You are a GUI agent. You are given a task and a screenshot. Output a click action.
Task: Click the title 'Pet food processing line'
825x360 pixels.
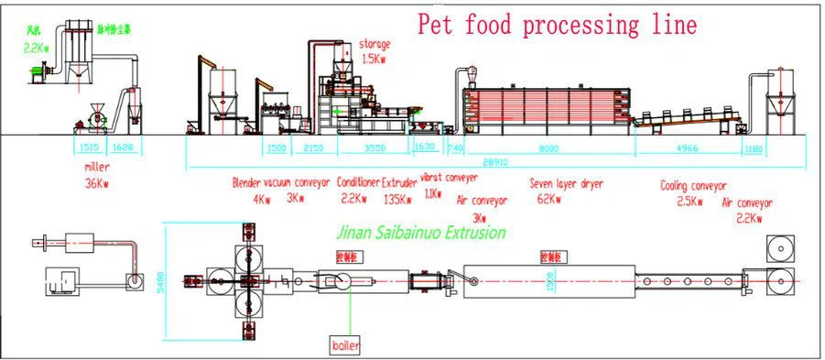point(557,25)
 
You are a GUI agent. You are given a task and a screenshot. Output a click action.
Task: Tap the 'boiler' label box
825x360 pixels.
point(347,345)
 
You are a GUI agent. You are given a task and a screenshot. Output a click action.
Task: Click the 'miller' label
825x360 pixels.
point(96,167)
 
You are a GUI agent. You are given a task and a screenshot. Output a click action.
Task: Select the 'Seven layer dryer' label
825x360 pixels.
point(566,183)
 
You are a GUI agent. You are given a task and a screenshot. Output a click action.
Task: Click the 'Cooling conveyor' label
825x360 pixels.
point(693,185)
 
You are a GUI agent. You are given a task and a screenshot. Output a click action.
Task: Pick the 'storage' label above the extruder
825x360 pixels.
point(374,43)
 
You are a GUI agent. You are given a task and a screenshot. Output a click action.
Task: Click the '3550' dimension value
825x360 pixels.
point(375,146)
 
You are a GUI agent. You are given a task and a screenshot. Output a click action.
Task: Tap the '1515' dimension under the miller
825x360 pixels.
point(89,146)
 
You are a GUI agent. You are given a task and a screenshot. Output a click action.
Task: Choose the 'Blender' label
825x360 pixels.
point(247,182)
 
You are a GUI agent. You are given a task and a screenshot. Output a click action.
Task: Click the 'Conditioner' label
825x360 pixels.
point(357,182)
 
